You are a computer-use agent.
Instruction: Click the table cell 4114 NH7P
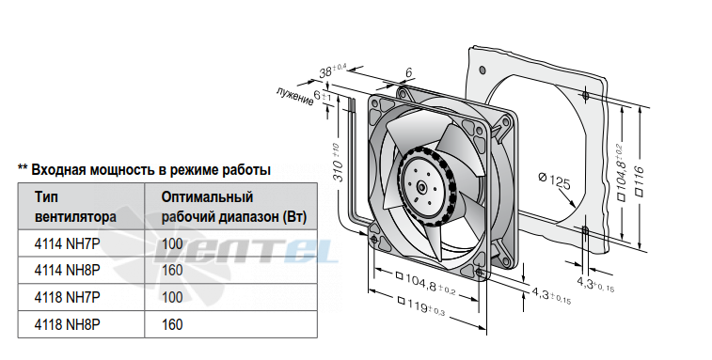click(x=67, y=243)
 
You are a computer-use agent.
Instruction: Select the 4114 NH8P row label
click(x=67, y=271)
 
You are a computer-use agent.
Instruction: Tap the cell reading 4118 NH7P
click(x=67, y=297)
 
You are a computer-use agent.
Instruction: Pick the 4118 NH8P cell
click(x=67, y=324)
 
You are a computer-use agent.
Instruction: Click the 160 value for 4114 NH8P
click(x=172, y=271)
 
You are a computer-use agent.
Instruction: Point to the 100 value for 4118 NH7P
click(x=172, y=297)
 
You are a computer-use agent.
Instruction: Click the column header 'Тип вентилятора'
click(x=75, y=207)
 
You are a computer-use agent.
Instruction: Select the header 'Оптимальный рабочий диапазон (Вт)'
click(x=234, y=207)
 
